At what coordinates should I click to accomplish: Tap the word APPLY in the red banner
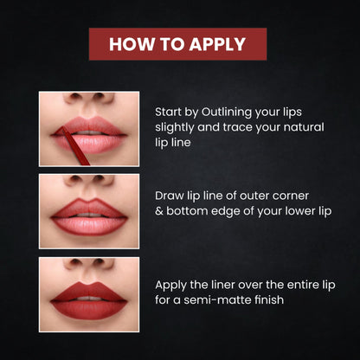[217, 44]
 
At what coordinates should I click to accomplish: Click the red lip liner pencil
[75, 146]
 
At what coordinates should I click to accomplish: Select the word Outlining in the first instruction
[222, 112]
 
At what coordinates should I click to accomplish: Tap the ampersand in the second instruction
[159, 211]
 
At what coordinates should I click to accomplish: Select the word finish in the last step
[269, 299]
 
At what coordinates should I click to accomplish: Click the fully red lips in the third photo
[89, 300]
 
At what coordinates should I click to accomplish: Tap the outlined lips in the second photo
[89, 216]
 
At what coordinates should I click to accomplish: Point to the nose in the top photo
[89, 101]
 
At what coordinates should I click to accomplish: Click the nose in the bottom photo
[89, 266]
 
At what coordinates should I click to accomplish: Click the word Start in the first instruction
[168, 112]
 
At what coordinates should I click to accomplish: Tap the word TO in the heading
[171, 44]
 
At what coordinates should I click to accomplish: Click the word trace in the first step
[237, 127]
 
